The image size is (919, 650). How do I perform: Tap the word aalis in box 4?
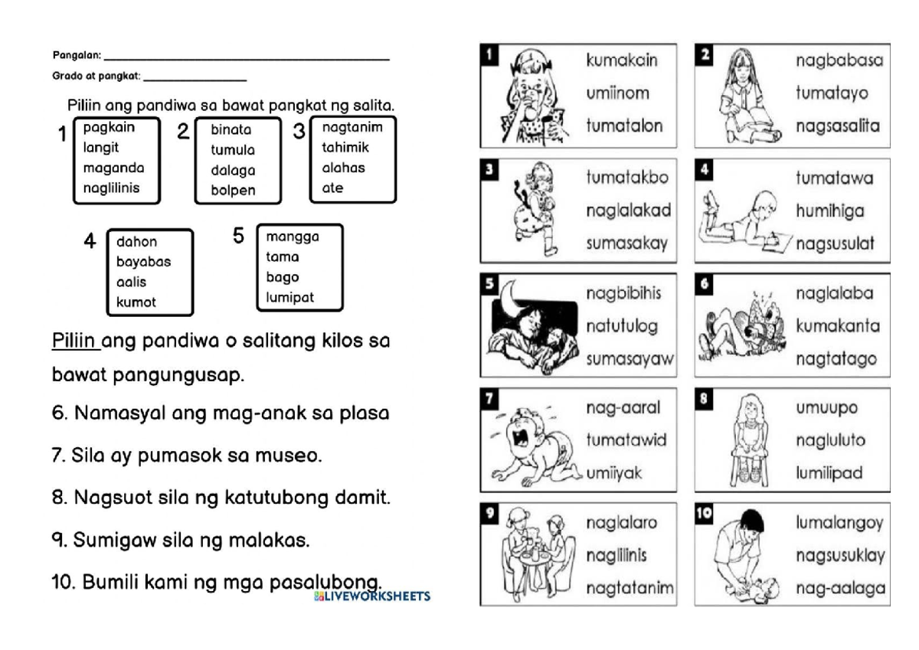pyautogui.click(x=131, y=282)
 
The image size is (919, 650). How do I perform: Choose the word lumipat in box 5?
pyautogui.click(x=290, y=297)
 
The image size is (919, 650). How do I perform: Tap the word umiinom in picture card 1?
pyautogui.click(x=617, y=93)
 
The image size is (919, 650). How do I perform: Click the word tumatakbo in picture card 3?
pyautogui.click(x=627, y=178)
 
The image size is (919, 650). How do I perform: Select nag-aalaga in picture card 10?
pyautogui.click(x=839, y=588)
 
